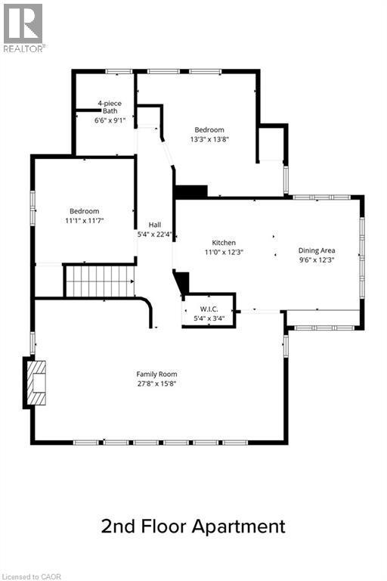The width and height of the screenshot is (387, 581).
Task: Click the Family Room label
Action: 156,374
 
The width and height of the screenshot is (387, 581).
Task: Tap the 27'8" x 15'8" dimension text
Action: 156,384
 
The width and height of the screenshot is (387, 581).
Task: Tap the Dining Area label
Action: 317,250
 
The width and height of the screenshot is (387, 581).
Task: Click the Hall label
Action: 154,225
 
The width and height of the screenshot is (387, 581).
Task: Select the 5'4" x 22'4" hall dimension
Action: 154,235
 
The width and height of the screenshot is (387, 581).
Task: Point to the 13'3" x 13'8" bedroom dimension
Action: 209,139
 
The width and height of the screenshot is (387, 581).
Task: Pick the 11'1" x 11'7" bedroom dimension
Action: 84,220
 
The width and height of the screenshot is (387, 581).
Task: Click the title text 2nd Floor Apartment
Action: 193,527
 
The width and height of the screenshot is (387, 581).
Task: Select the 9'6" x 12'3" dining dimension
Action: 317,259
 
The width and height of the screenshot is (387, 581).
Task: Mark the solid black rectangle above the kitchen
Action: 190,192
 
